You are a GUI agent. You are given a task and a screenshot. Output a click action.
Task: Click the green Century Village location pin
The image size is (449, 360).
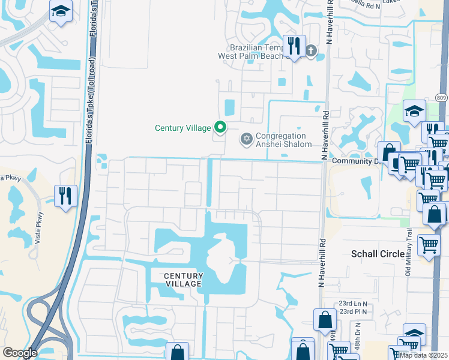point(220,127)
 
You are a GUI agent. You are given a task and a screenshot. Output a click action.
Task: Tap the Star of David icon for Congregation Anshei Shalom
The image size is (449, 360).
point(246,139)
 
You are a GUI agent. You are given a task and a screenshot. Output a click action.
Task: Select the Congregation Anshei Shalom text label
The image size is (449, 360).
point(284,140)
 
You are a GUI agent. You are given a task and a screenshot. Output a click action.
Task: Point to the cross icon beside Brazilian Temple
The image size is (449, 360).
point(310,50)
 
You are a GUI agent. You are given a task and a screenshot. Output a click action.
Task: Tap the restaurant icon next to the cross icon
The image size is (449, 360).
point(294,46)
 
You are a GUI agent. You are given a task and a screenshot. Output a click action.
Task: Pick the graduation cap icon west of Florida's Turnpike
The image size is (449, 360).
point(60,12)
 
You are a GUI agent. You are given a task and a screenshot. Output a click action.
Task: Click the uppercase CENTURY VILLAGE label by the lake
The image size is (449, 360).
point(184,280)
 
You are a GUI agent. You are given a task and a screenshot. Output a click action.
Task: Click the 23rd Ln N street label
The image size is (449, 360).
point(353,304)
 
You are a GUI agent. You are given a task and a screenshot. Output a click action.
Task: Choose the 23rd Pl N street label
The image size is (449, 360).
point(353,312)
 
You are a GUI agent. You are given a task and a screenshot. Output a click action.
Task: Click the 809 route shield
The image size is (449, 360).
point(442,97)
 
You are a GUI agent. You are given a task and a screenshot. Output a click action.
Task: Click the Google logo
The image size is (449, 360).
point(20,353)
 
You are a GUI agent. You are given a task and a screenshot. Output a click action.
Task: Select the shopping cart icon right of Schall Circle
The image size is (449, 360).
point(429,244)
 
